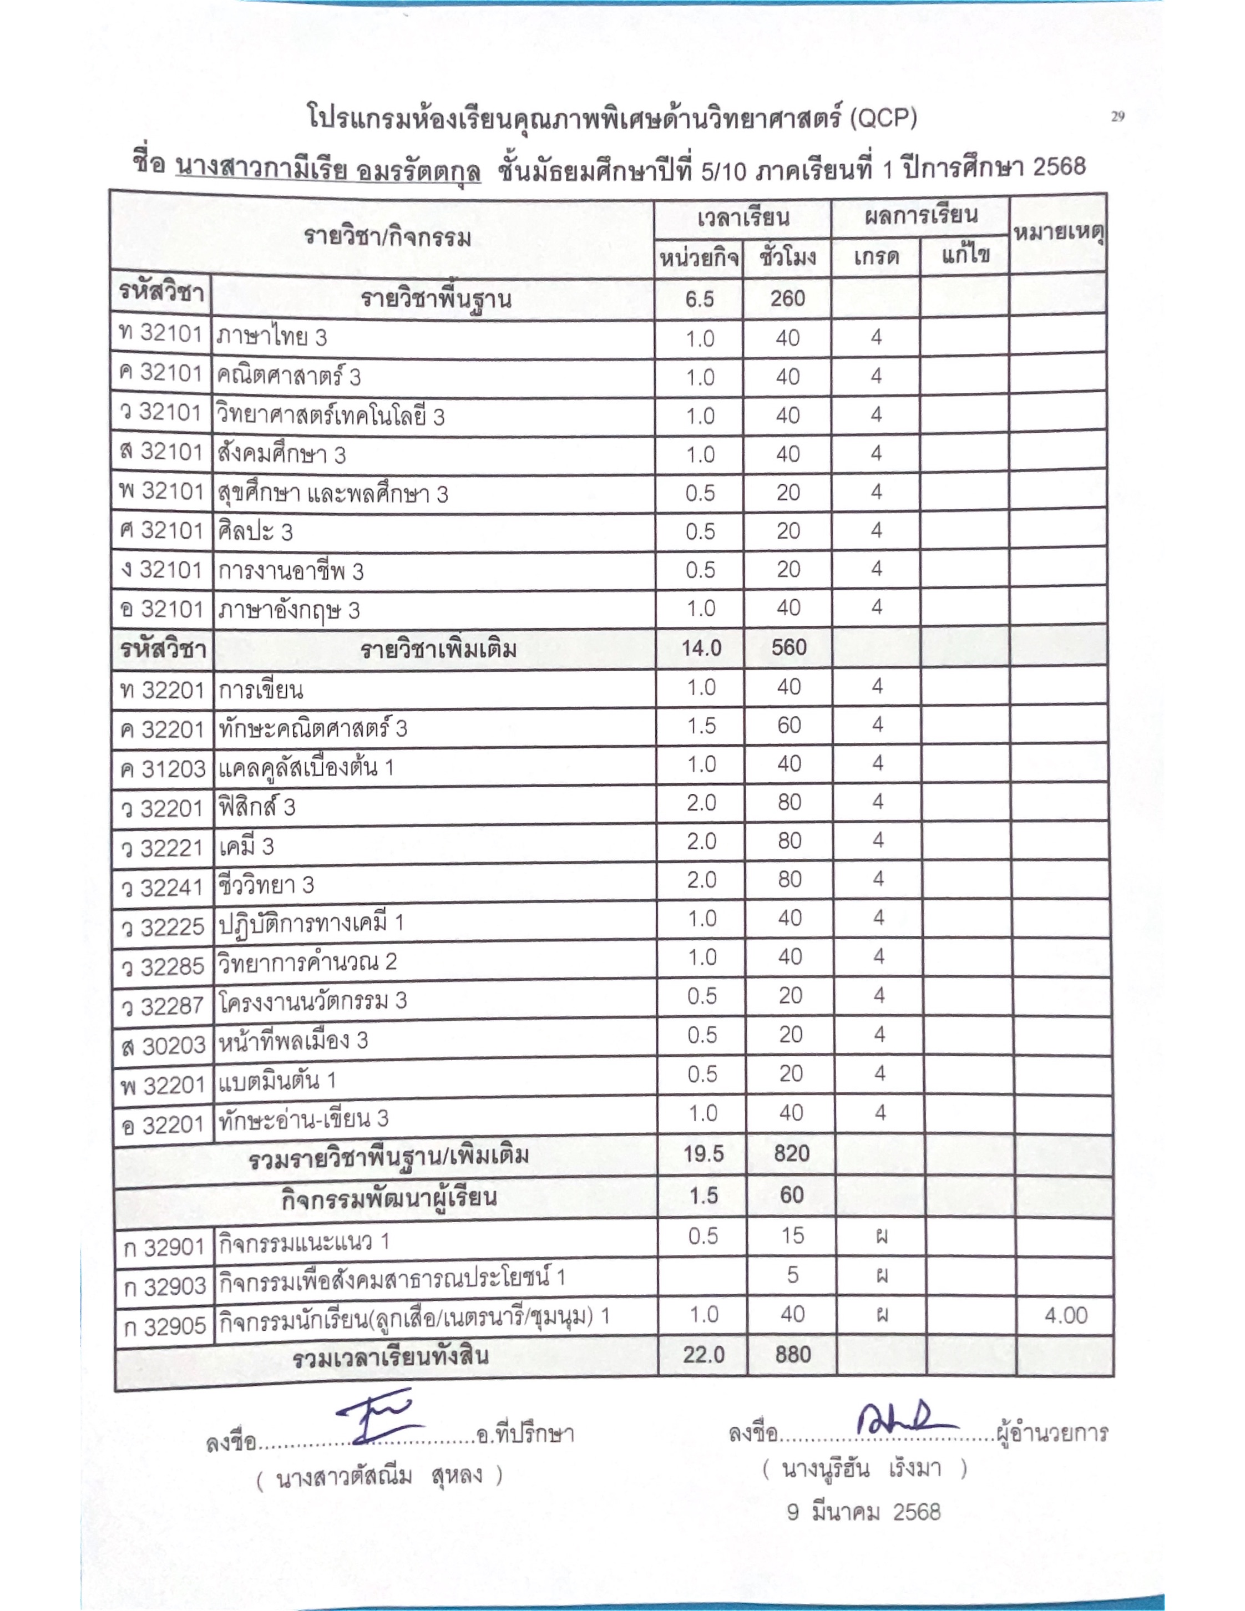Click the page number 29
click(1117, 116)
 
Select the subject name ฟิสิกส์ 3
click(257, 807)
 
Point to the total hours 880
click(793, 1354)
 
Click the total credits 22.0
click(704, 1354)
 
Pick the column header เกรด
click(876, 257)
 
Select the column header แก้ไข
click(965, 256)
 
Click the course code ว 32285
click(162, 965)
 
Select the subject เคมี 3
click(246, 846)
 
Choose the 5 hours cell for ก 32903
click(793, 1275)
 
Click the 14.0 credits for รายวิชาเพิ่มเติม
click(701, 647)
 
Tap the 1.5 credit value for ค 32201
click(701, 726)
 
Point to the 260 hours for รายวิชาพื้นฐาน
click(788, 299)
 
